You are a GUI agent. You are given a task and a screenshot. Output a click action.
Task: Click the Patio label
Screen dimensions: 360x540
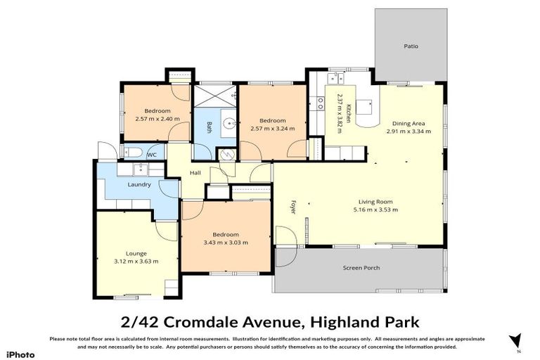[411, 46]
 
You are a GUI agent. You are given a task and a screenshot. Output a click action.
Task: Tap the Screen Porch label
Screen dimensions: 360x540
[360, 268]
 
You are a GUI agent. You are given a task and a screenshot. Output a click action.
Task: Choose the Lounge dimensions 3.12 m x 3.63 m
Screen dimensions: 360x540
[136, 261]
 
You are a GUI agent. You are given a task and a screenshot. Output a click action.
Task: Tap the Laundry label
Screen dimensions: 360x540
[139, 185]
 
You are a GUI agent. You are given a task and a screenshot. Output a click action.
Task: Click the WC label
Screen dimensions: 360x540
[151, 154]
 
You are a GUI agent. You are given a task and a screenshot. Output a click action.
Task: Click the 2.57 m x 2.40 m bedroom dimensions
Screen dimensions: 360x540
[157, 118]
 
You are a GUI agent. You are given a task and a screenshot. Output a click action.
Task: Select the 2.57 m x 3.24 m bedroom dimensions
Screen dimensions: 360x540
[272, 128]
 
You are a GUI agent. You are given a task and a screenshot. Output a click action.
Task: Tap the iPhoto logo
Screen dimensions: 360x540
[20, 354]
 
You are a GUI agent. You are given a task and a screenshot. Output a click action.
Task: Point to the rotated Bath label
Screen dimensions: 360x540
[210, 127]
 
